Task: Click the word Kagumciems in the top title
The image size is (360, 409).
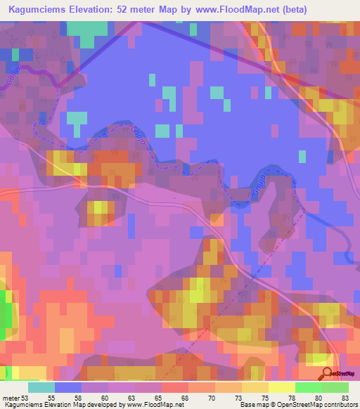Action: [37, 9]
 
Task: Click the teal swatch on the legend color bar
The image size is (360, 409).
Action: [41, 387]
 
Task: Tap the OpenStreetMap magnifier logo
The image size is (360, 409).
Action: [327, 373]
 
